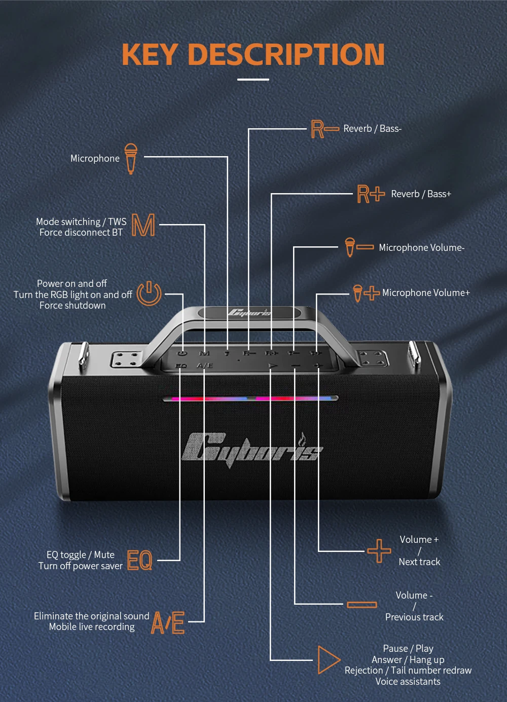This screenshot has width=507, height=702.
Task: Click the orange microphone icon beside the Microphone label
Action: pyautogui.click(x=131, y=158)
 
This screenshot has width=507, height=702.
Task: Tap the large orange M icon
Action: pyautogui.click(x=143, y=225)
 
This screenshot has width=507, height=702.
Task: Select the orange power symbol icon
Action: pyautogui.click(x=149, y=293)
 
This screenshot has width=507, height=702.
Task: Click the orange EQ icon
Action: pyautogui.click(x=139, y=560)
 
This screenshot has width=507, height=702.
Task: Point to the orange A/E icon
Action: pyautogui.click(x=168, y=622)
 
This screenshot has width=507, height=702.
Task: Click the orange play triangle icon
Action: pyautogui.click(x=328, y=659)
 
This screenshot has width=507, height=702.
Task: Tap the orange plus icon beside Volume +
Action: pyautogui.click(x=379, y=550)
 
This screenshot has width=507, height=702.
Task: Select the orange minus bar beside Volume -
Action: pyautogui.click(x=362, y=604)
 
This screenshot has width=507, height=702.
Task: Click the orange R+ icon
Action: pyautogui.click(x=371, y=194)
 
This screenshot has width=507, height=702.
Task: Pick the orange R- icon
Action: pyautogui.click(x=324, y=129)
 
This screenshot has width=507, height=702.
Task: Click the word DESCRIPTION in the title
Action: pyautogui.click(x=286, y=54)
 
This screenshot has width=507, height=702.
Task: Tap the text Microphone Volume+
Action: pyautogui.click(x=426, y=293)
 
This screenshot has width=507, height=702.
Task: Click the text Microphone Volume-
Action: pyautogui.click(x=421, y=248)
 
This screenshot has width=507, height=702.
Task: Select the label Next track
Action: pyautogui.click(x=419, y=562)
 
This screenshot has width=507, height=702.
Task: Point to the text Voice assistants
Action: pyautogui.click(x=408, y=681)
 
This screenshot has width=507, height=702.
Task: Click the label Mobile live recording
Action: pyautogui.click(x=92, y=627)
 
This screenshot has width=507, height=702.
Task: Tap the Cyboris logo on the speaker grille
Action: pyautogui.click(x=252, y=447)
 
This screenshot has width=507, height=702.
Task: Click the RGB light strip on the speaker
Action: pyautogui.click(x=250, y=399)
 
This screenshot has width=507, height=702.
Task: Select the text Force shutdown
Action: pyautogui.click(x=73, y=306)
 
